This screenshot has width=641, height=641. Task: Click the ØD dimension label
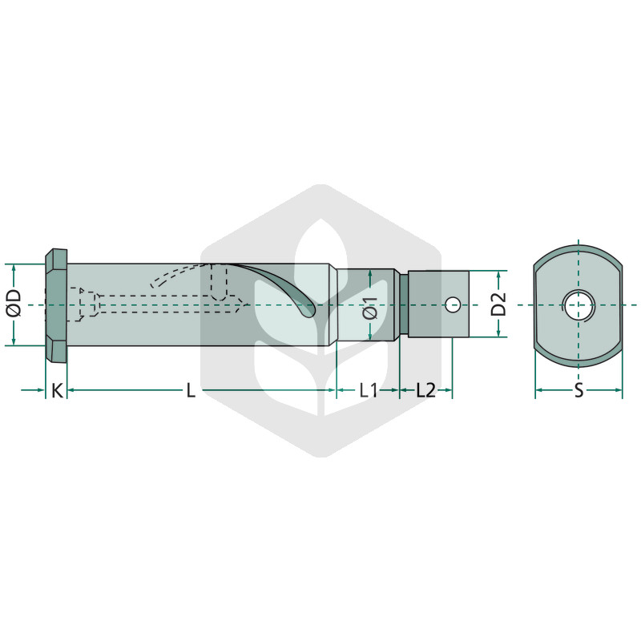pos(14,304)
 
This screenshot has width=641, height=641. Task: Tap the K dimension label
pos(57,391)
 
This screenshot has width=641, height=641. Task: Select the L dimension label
pos(191,391)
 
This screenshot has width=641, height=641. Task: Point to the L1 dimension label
pos(368,391)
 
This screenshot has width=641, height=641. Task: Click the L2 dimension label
pos(426,391)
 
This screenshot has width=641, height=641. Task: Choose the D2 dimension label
pos(498,304)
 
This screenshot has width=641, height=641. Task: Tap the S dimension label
pos(579,391)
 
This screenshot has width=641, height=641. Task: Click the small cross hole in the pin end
pos(452,304)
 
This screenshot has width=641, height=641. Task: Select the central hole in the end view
pos(579,305)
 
